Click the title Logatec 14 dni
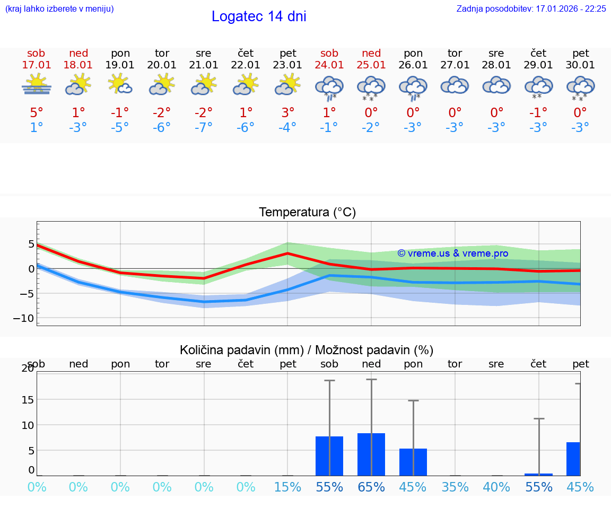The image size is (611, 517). tap(259, 16)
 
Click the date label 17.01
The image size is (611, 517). tap(36, 65)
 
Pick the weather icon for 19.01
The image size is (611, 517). tap(120, 84)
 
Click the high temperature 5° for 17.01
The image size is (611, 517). tap(36, 112)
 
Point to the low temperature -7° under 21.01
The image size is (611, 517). tap(203, 128)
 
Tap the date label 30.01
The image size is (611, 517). tap(581, 65)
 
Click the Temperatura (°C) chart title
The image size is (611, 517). tap(307, 213)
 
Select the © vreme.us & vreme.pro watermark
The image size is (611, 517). tap(452, 253)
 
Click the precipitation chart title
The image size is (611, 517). tap(306, 350)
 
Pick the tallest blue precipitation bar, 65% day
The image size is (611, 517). tap(371, 454)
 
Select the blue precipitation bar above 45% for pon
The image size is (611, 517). tap(413, 462)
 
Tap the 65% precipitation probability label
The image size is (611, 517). tap(371, 487)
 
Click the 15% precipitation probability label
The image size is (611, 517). tap(287, 487)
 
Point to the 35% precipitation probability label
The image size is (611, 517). tap(455, 487)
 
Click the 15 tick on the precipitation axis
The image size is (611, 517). tap(27, 399)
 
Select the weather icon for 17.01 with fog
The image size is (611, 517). tap(36, 85)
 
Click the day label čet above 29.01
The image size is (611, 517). tap(539, 53)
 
